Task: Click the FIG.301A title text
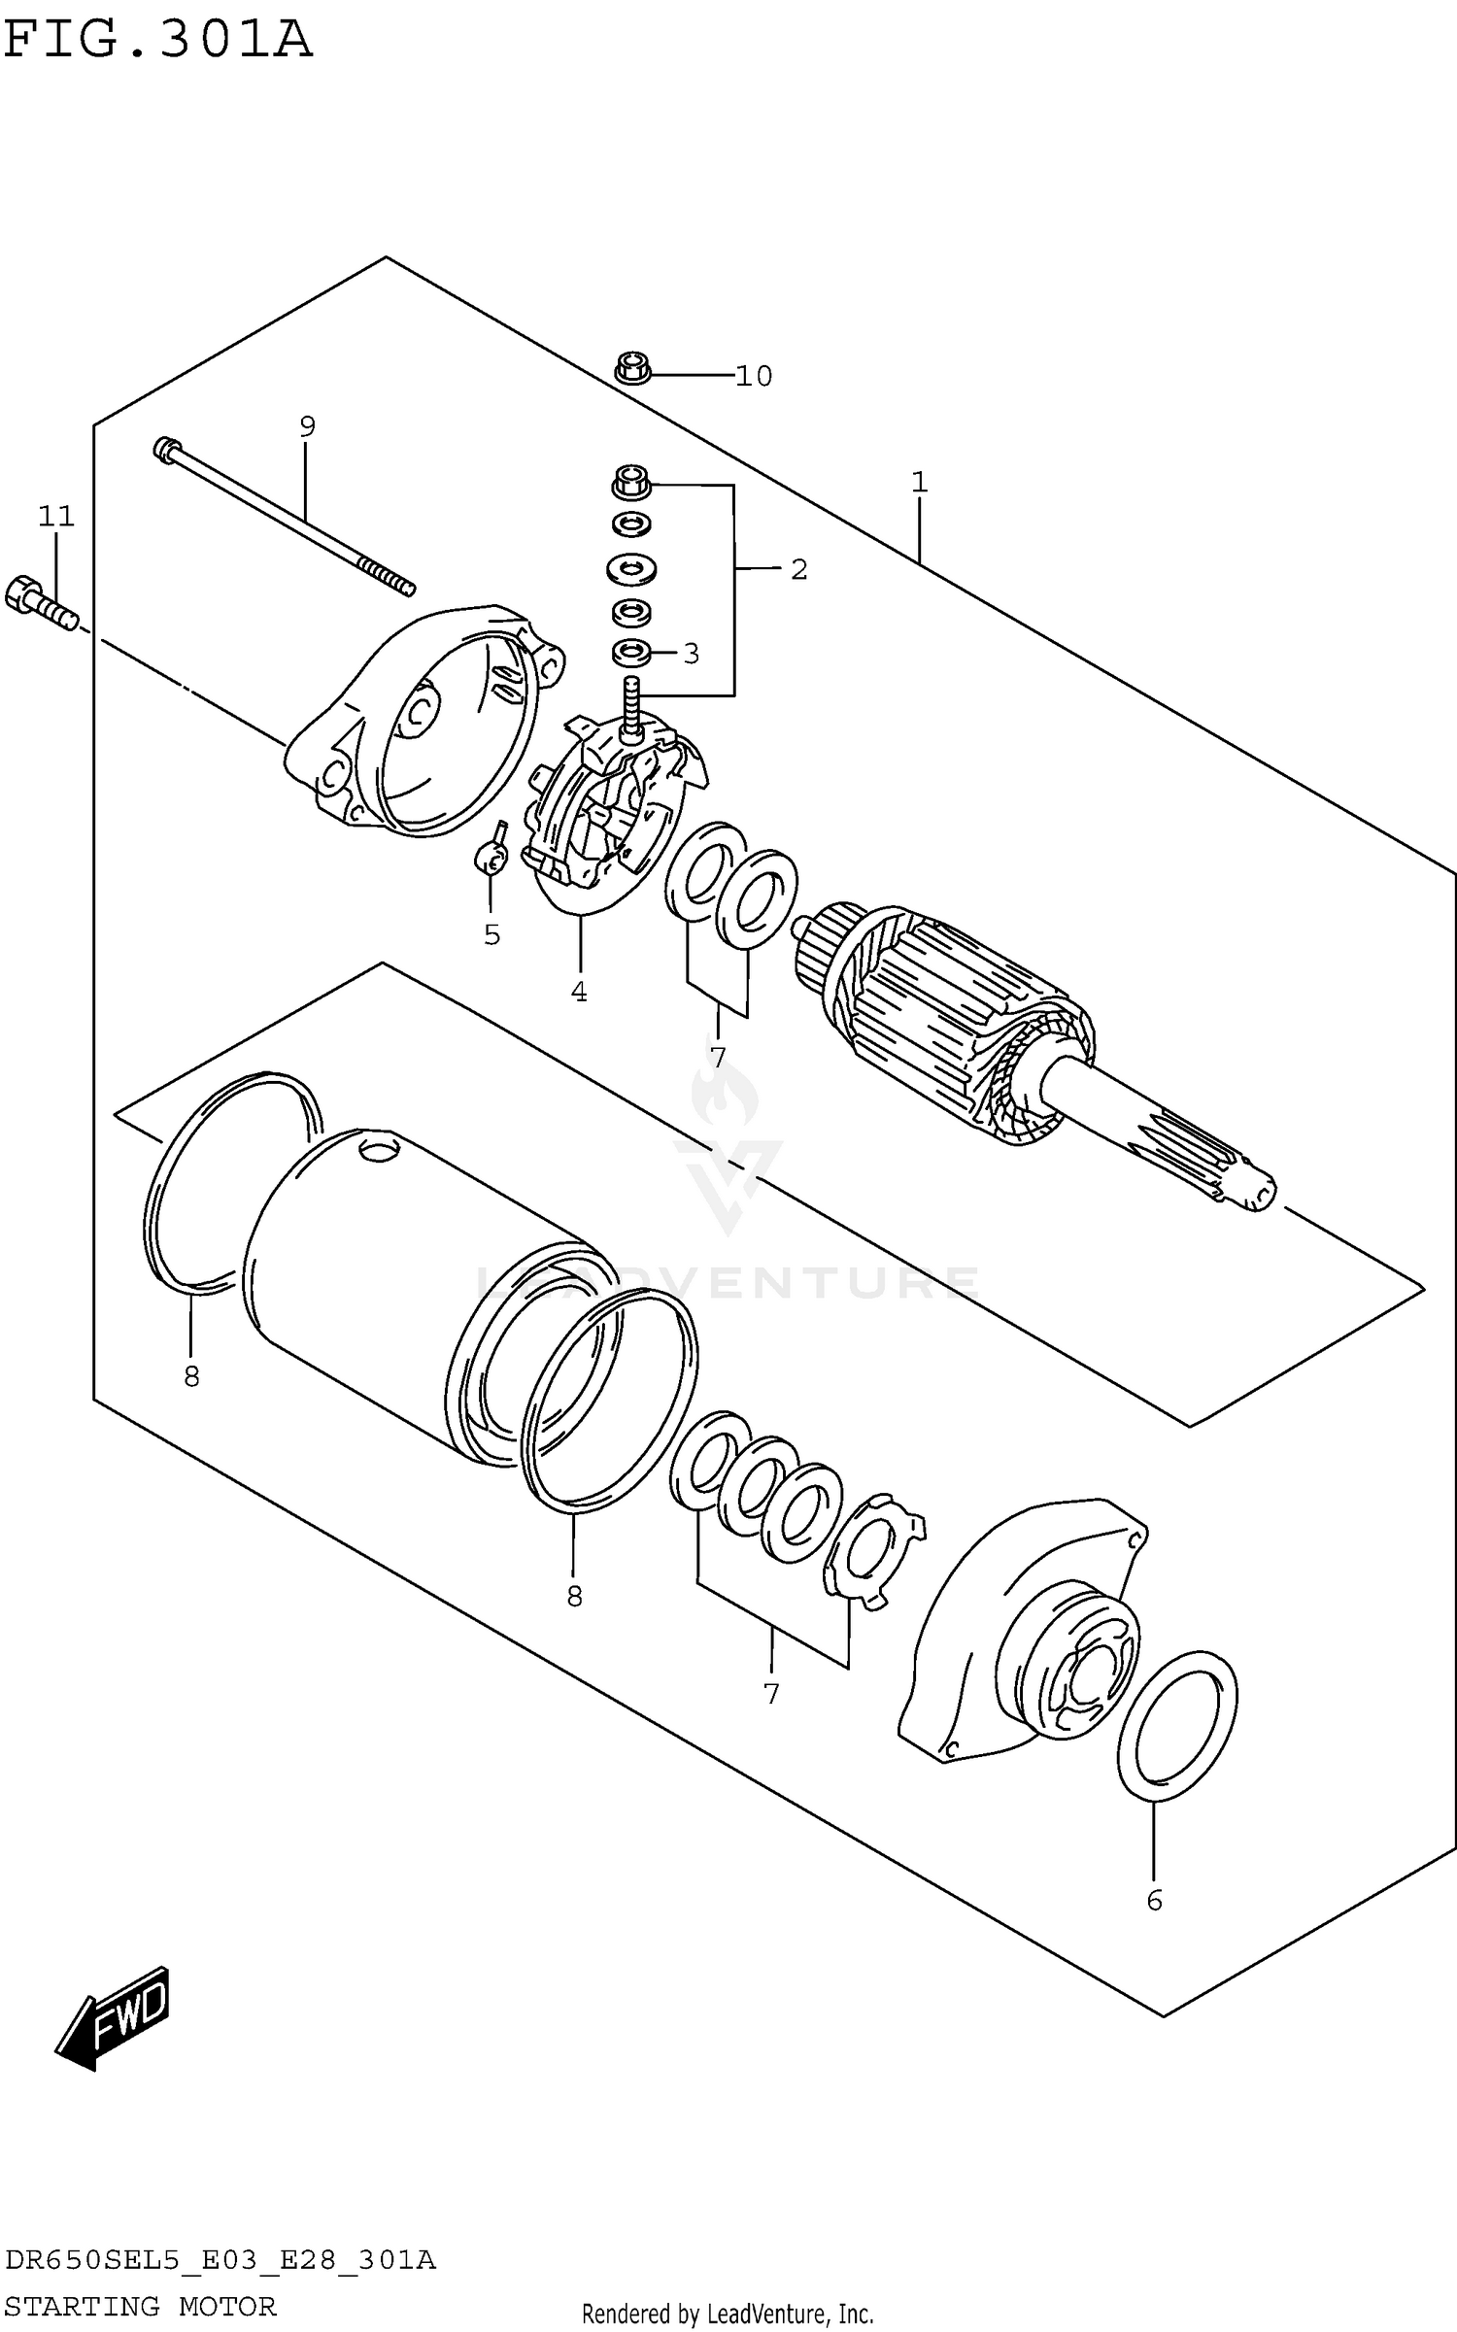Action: pos(157,41)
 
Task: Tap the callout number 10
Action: pos(753,376)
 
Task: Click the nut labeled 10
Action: pos(632,369)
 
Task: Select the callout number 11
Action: pos(56,516)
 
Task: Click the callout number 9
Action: pos(307,425)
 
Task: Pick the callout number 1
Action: pos(919,482)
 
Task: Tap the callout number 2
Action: pos(798,569)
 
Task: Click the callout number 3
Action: pos(691,654)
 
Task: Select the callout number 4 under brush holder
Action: pos(579,992)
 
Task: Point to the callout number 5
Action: pos(491,934)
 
